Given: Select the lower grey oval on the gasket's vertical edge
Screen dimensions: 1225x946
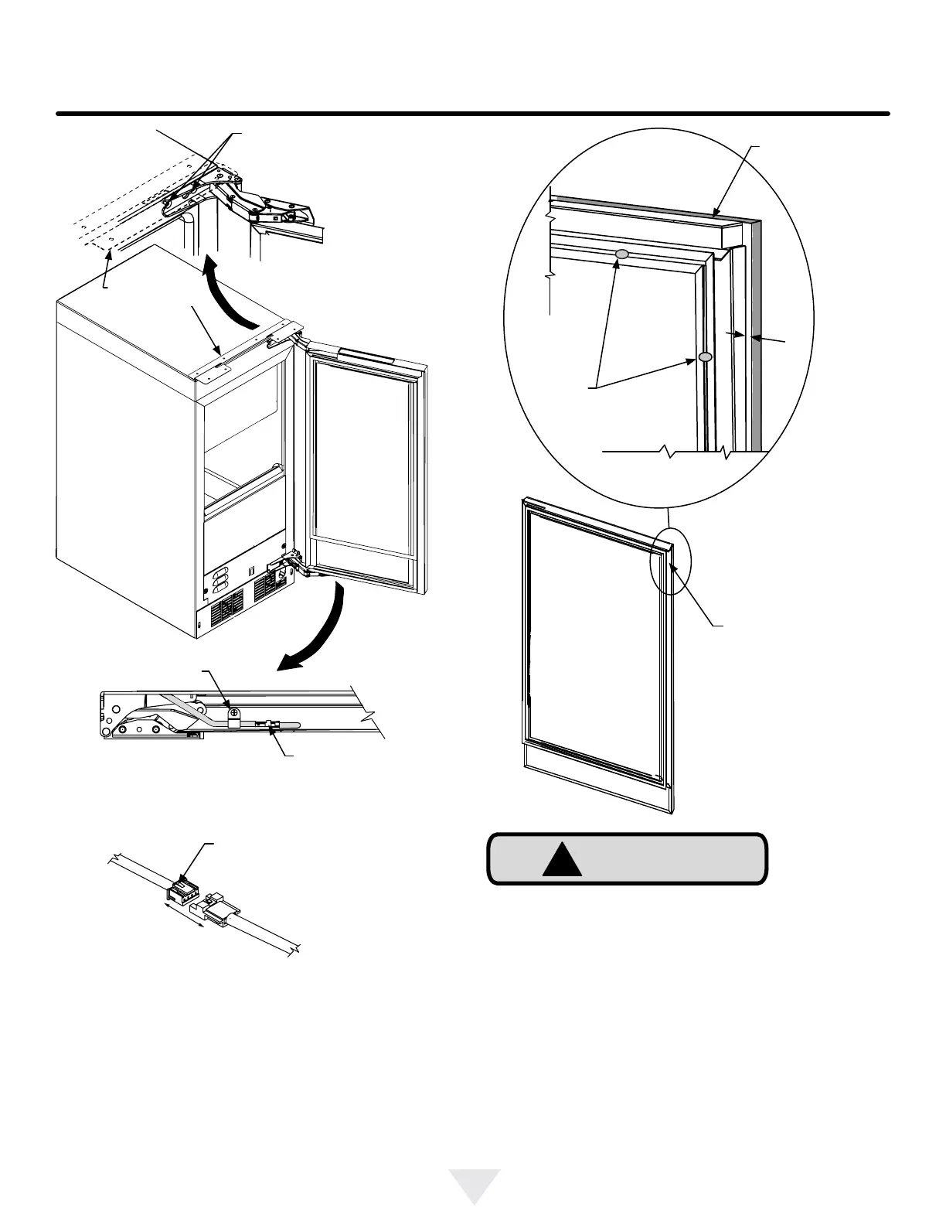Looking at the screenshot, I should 705,357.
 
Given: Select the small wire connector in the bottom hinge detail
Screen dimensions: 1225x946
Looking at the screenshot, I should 272,725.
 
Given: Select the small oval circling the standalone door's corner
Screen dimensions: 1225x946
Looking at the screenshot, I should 669,561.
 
